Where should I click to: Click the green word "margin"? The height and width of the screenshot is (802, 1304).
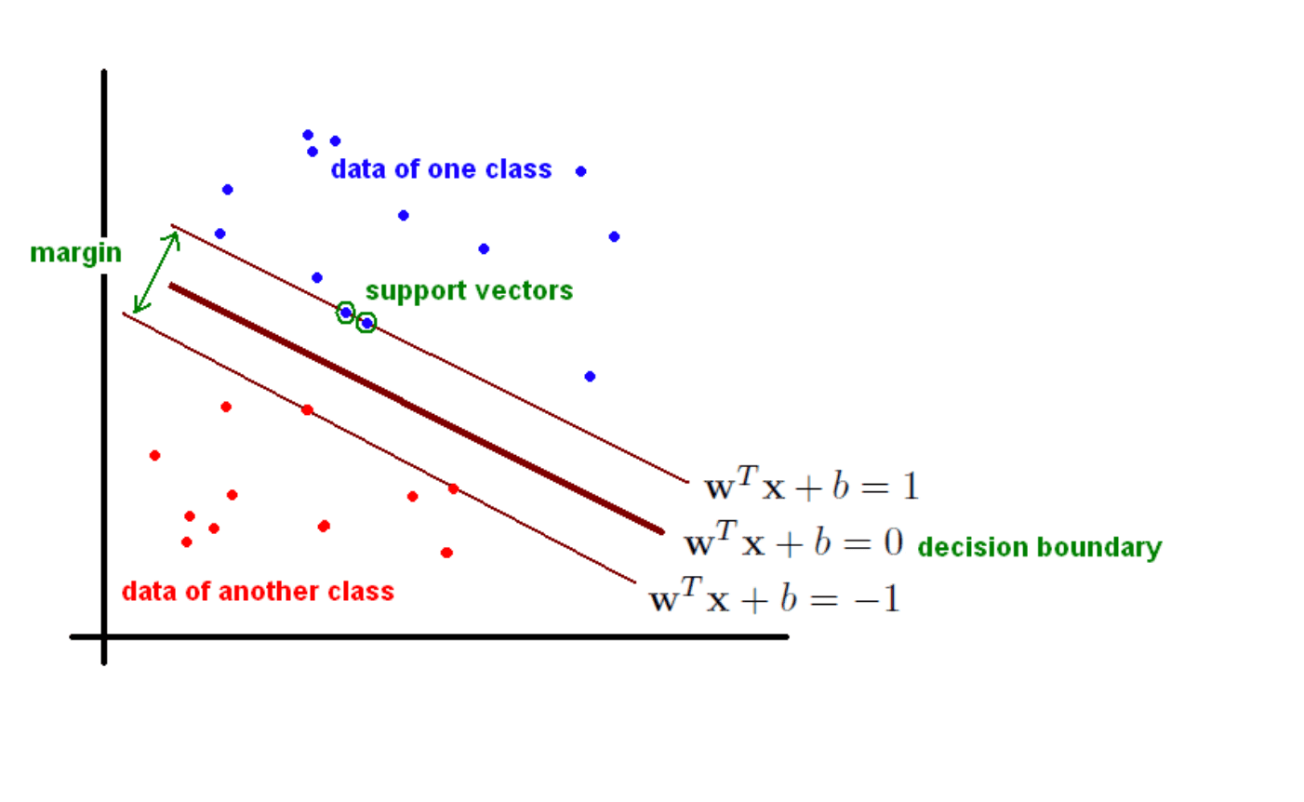tap(75, 254)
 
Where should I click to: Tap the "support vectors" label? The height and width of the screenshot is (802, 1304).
tap(469, 291)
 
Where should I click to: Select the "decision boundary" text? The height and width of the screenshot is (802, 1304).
tap(1040, 548)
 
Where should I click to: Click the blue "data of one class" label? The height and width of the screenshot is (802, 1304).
tap(441, 169)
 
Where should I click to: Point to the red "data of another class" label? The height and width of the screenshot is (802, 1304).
tap(258, 592)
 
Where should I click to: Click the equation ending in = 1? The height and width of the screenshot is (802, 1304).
tap(812, 484)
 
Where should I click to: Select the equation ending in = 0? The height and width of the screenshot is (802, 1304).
tap(793, 540)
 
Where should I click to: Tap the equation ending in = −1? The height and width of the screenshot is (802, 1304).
tap(775, 595)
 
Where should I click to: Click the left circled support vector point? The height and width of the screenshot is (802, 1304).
tap(346, 313)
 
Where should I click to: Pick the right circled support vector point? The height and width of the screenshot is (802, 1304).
tap(366, 323)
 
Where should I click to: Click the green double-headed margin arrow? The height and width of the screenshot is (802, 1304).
tap(156, 273)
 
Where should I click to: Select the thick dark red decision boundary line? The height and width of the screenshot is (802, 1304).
tap(417, 408)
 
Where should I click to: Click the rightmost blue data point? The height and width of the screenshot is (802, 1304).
tap(614, 236)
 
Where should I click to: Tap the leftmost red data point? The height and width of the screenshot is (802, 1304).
tap(154, 456)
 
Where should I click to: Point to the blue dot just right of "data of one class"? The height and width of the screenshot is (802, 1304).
tap(581, 171)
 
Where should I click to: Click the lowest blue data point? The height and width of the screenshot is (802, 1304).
tap(590, 377)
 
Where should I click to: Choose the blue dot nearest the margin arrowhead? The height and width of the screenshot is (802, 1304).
tap(220, 234)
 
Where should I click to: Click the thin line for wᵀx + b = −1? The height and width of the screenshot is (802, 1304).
tap(379, 448)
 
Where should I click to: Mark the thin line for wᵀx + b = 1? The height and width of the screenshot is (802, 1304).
tap(430, 353)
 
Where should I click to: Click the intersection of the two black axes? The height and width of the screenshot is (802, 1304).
tap(104, 636)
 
